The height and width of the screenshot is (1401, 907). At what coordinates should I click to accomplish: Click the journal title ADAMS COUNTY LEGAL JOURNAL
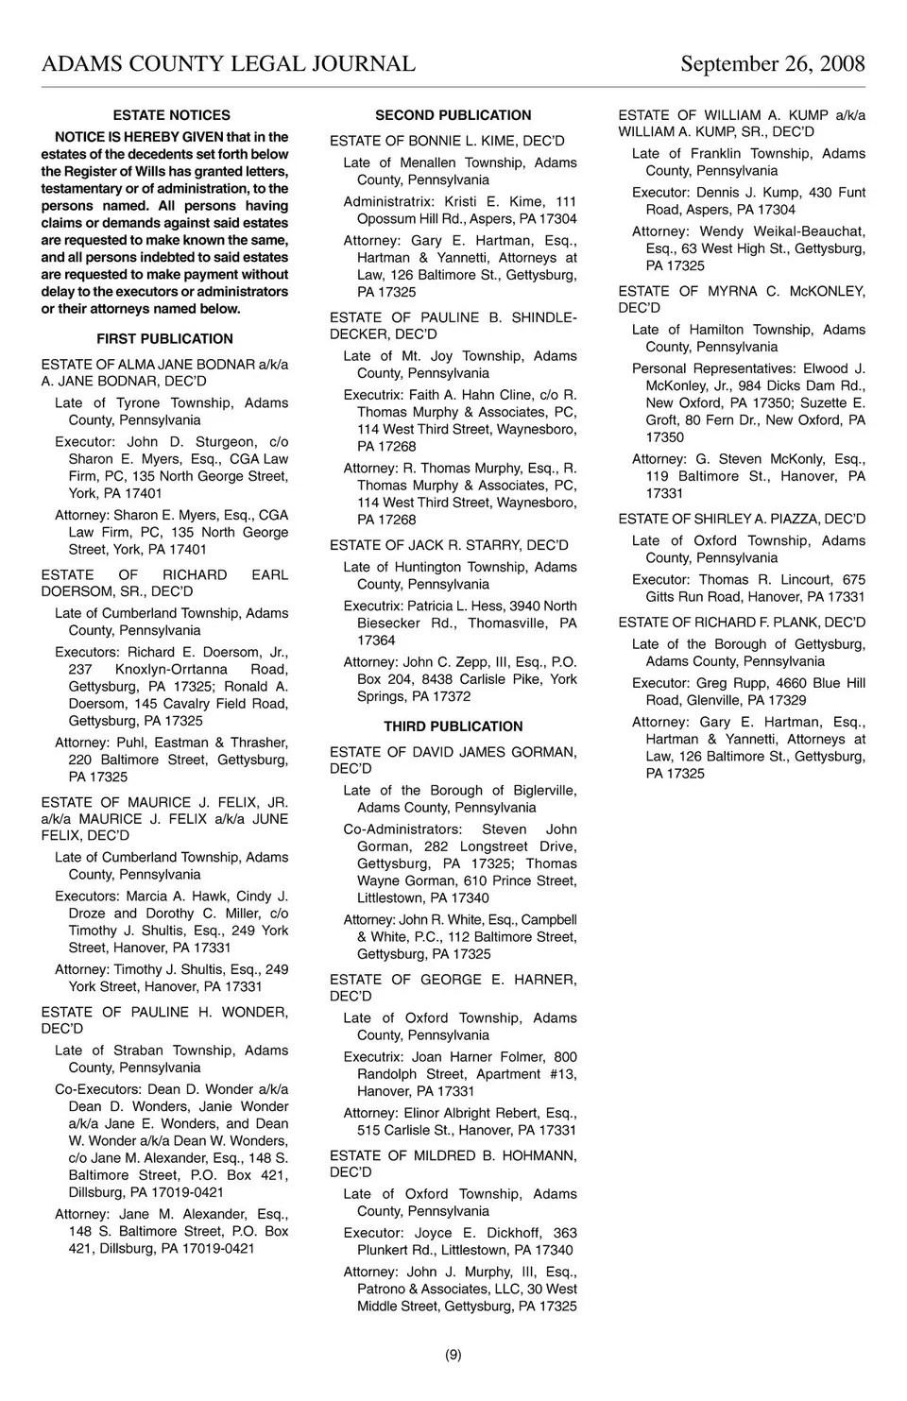click(228, 64)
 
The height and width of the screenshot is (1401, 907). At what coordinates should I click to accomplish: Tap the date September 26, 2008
click(772, 64)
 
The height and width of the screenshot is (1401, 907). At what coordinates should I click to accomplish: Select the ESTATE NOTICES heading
click(171, 115)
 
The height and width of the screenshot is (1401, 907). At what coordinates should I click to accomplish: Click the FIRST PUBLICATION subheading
click(164, 339)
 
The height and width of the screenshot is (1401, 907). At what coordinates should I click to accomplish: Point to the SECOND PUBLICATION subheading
click(453, 115)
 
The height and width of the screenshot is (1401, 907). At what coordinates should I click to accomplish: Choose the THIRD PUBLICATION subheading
click(453, 726)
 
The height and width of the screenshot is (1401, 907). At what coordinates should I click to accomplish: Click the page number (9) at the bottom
click(453, 1355)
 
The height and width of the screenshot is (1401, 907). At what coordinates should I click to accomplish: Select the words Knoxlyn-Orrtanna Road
click(202, 670)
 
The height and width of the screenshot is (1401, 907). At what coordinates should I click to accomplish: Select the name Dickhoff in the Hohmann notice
click(513, 1233)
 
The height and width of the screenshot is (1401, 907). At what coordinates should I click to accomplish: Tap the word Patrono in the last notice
click(383, 1290)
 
